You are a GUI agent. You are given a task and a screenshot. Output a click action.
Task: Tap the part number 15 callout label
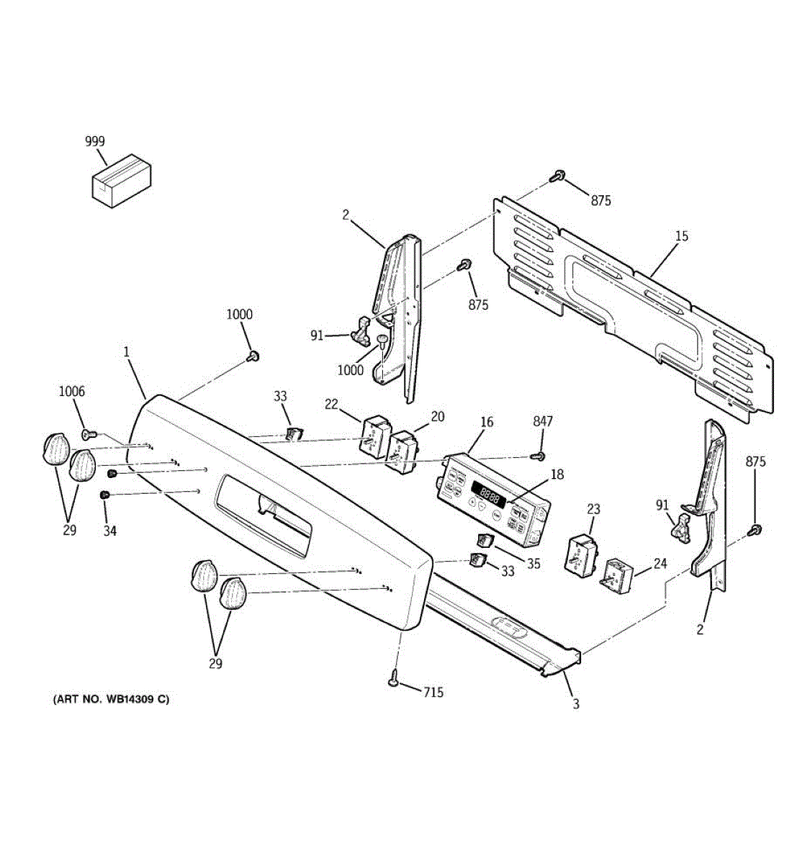[682, 236]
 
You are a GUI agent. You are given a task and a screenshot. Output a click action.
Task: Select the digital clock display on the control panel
[491, 496]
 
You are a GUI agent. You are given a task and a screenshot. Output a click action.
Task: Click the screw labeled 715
[394, 678]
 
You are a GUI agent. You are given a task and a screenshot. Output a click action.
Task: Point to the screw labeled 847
[536, 456]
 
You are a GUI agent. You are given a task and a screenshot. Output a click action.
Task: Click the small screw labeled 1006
[88, 434]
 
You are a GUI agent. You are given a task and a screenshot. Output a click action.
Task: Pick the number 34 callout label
[109, 531]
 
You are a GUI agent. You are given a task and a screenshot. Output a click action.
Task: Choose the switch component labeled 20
[402, 451]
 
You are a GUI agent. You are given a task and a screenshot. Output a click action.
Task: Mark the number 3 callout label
[576, 704]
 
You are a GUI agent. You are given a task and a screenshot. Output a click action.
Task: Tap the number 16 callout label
[487, 422]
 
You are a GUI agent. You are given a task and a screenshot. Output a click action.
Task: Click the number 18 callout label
[557, 474]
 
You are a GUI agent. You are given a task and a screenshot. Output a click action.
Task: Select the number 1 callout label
[126, 352]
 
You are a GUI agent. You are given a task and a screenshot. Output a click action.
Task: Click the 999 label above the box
[95, 142]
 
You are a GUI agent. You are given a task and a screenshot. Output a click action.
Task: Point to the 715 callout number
[433, 693]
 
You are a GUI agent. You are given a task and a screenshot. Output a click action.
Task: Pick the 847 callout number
[543, 421]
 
